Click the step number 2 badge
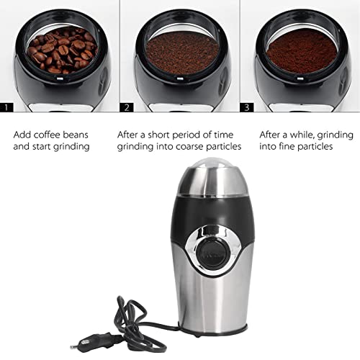(127, 107)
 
